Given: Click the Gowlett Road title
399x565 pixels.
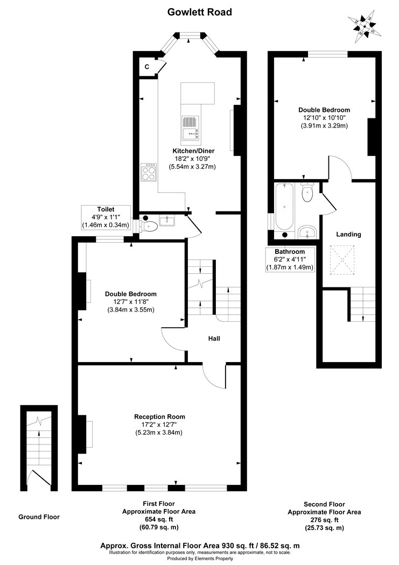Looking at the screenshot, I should pos(199,11).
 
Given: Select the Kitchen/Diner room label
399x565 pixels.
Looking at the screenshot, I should pos(193,151).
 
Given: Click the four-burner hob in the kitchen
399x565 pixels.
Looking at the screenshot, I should pos(148,172).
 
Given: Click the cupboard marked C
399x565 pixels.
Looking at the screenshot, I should pos(147,67).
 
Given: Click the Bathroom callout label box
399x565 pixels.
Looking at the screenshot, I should pos(290,259).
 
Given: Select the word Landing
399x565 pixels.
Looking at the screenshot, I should pos(348,234).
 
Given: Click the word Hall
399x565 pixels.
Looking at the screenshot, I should pos(214,338).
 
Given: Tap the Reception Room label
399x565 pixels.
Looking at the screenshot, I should pos(159,416).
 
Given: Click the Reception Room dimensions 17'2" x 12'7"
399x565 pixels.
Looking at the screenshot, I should pos(159,425).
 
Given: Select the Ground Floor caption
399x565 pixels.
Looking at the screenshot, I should pos(39,517).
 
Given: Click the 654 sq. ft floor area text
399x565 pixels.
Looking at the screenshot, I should pos(159,520).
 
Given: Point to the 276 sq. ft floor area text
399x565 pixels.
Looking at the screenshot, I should pos(324,520).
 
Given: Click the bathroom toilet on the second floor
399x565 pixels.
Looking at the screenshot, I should pos(307,193).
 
